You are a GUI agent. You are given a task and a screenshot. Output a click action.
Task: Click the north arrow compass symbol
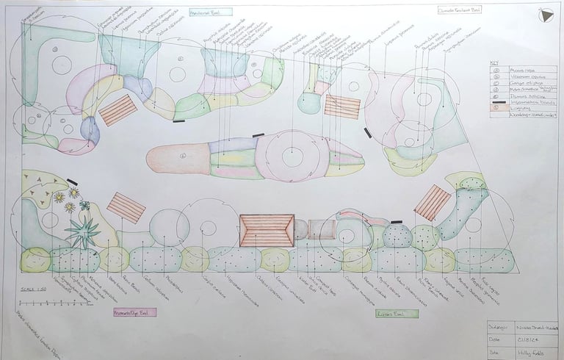tap(546, 15)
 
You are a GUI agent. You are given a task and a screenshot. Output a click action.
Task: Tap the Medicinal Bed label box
tap(210, 12)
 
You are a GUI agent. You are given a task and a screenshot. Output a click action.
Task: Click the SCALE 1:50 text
tap(32, 291)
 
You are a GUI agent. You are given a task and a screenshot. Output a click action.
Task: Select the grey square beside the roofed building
tap(320, 229)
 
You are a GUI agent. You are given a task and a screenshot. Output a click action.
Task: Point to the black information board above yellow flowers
tap(72, 181)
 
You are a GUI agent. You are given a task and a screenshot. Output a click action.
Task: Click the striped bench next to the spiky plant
tap(126, 208)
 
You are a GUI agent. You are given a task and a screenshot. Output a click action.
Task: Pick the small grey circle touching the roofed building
tap(300, 229)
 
